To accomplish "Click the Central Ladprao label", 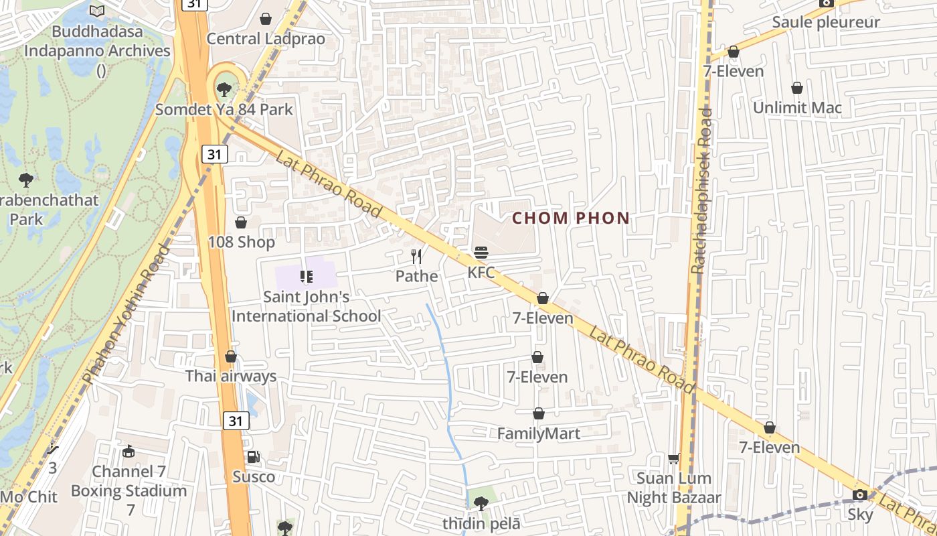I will pos(266,39).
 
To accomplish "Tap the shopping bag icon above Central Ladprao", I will pos(266,19).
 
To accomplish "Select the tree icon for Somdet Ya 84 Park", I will pos(224,88).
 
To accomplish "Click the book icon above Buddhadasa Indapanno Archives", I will pos(97,11).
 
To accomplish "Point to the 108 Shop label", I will pos(242,242).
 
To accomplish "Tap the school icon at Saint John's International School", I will pos(307,276).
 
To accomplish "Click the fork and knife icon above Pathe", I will pos(416,256).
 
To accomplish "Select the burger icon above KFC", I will pos(481,253).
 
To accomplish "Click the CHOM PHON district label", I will pos(571,218).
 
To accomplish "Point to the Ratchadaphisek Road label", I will pos(701,192).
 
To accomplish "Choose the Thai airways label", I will pos(231,376).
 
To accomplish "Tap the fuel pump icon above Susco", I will pos(254,457).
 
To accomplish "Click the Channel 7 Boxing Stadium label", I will pos(129,481).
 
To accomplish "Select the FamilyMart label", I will pos(539,433).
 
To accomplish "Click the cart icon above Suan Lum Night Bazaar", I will pos(674,458).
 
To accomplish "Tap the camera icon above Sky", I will pos(860,495).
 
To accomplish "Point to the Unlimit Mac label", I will pos(797,108).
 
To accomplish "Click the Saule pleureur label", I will pos(826,22).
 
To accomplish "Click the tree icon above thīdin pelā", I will pos(481,502).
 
